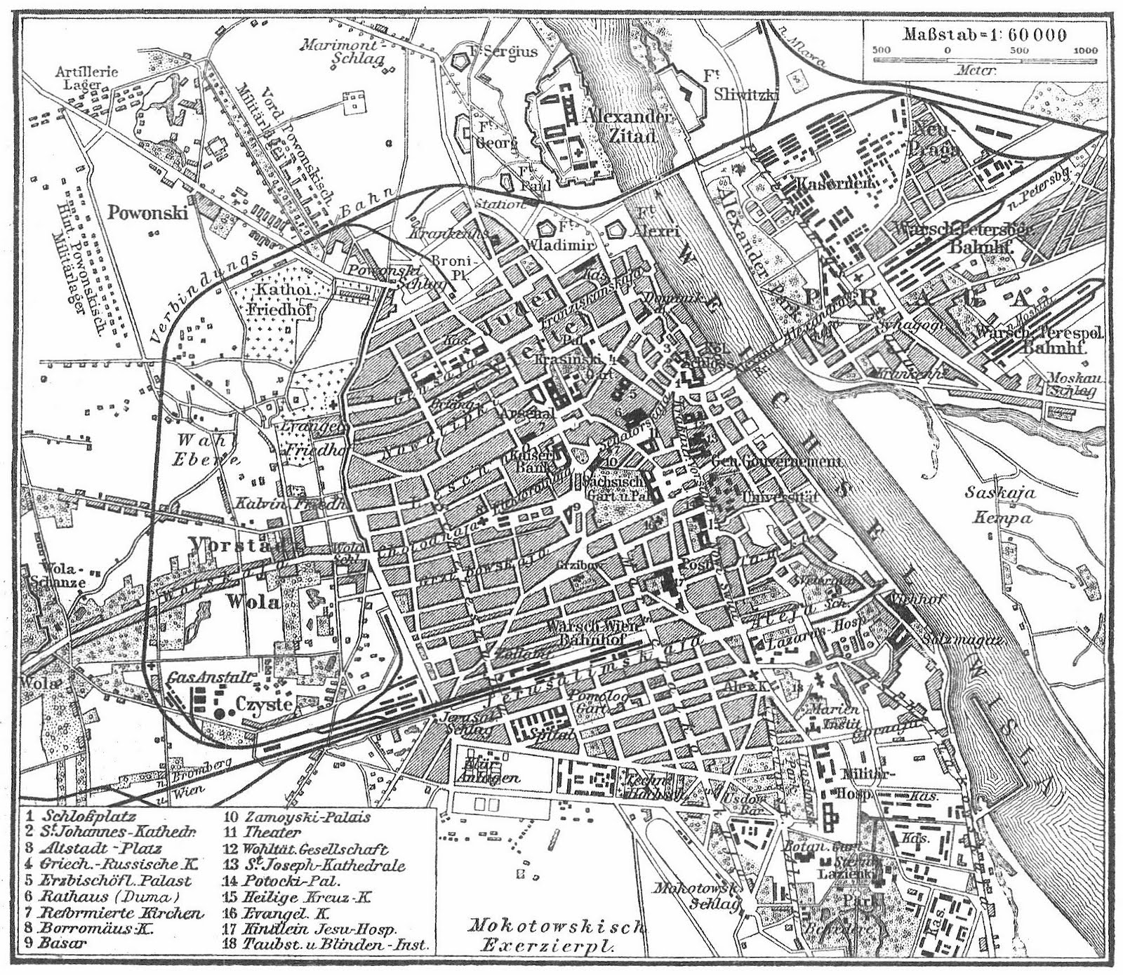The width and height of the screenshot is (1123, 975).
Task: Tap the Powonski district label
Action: pos(147,212)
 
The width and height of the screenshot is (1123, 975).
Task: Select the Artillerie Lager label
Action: pos(87,78)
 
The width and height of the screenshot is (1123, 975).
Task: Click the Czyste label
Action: pos(263,704)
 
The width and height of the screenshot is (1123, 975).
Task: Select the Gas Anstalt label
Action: pos(209,678)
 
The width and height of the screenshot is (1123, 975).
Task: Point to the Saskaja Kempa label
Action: pos(999,505)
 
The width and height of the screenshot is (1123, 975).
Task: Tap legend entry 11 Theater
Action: pos(263,833)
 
